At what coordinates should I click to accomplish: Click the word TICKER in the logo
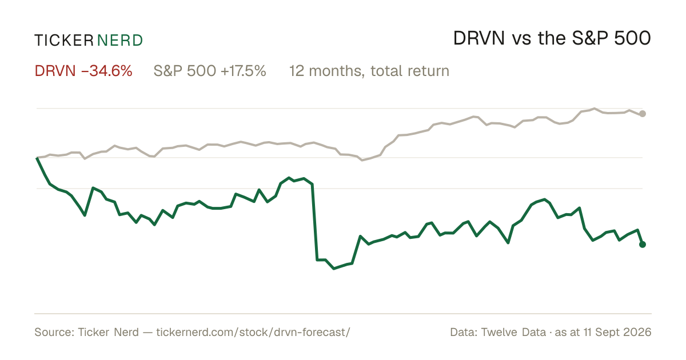click(x=64, y=41)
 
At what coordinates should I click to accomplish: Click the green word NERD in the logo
click(x=120, y=41)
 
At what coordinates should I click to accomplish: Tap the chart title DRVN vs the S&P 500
click(x=552, y=39)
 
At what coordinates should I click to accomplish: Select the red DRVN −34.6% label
click(x=83, y=71)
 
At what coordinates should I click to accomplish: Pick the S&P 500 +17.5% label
click(x=210, y=71)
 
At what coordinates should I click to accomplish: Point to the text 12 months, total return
click(x=369, y=71)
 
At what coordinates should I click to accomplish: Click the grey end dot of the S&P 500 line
click(x=643, y=114)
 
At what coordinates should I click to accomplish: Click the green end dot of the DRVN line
click(x=643, y=245)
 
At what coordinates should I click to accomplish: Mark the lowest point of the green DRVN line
click(x=334, y=269)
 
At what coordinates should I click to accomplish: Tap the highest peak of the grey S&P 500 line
click(x=595, y=109)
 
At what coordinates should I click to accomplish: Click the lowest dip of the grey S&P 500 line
click(x=362, y=160)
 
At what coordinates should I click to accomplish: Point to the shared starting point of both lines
click(x=37, y=158)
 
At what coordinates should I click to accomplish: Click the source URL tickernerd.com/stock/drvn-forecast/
click(x=253, y=332)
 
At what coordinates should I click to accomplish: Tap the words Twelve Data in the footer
click(x=513, y=332)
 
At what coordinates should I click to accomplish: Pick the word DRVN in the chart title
click(x=479, y=39)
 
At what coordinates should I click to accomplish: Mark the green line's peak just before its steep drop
click(x=304, y=178)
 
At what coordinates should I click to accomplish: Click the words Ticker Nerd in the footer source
click(x=108, y=332)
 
